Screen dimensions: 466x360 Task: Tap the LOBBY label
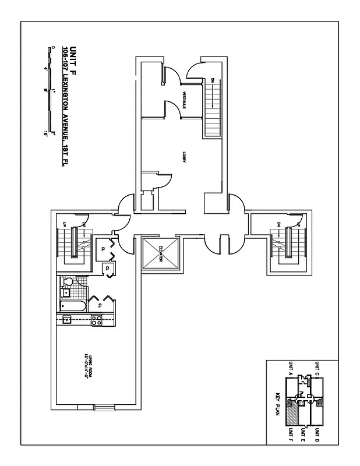click(x=183, y=157)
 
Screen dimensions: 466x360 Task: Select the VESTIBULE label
click(x=183, y=100)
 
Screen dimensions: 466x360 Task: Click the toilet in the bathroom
click(x=66, y=283)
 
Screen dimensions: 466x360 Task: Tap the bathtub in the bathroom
click(x=73, y=306)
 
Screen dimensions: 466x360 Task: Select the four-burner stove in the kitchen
click(x=96, y=319)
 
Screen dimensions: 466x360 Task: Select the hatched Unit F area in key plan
click(x=302, y=414)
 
